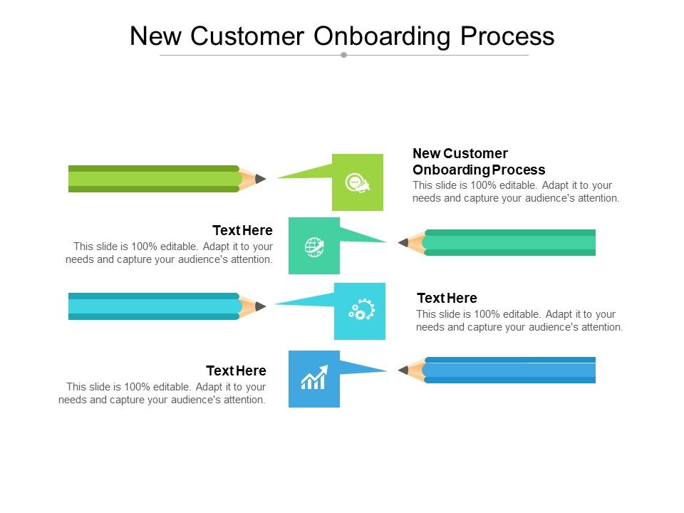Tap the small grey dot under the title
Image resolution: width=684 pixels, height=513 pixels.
pyautogui.click(x=343, y=55)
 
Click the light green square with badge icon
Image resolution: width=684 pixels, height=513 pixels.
pyautogui.click(x=358, y=182)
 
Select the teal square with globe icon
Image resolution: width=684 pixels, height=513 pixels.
pyautogui.click(x=314, y=246)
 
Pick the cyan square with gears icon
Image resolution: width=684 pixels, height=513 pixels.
pyautogui.click(x=360, y=311)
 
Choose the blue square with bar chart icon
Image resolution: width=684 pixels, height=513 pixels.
pyautogui.click(x=314, y=379)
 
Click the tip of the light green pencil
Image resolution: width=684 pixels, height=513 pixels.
pyautogui.click(x=261, y=179)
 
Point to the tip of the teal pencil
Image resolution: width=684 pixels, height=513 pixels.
pyautogui.click(x=403, y=243)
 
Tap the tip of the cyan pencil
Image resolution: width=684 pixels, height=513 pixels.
pyautogui.click(x=261, y=306)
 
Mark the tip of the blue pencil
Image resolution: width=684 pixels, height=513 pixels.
pyautogui.click(x=403, y=370)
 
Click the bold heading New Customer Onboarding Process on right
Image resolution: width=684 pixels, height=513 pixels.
pyautogui.click(x=479, y=162)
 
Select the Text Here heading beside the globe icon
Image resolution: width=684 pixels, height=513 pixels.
pyautogui.click(x=242, y=230)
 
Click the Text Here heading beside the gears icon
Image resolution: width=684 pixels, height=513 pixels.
pyautogui.click(x=447, y=298)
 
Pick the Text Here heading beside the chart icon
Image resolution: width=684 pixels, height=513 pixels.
pyautogui.click(x=236, y=370)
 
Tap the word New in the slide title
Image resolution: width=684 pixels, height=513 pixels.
pyautogui.click(x=156, y=36)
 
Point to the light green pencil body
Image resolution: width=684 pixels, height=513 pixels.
pyautogui.click(x=153, y=179)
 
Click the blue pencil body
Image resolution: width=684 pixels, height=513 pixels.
pyautogui.click(x=509, y=370)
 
